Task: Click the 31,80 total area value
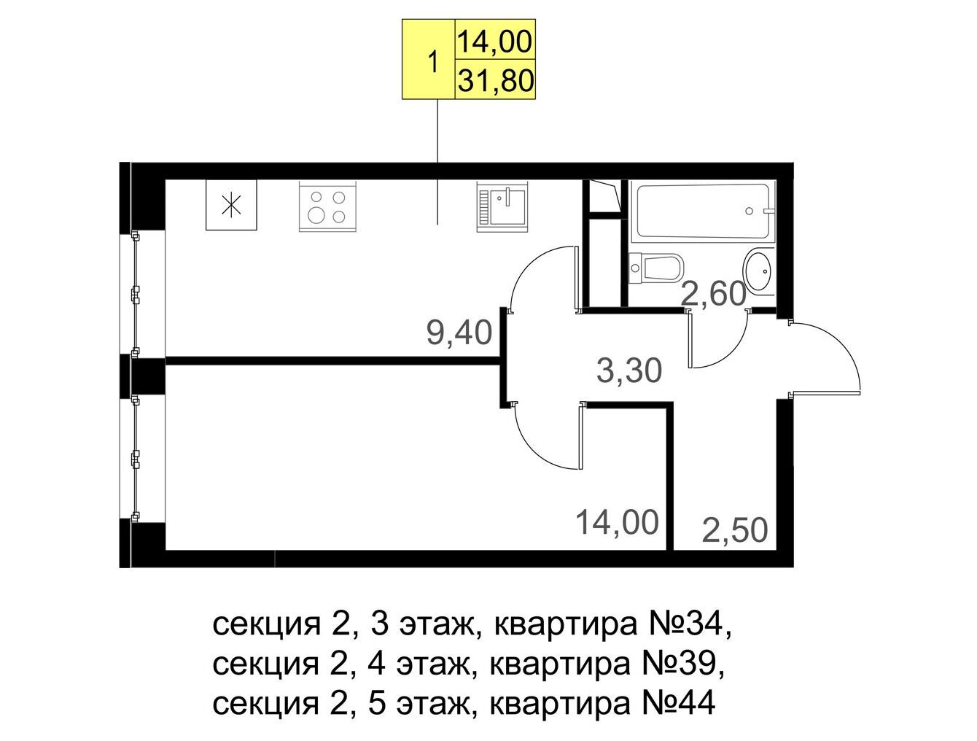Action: (495, 80)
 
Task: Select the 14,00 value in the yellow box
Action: (494, 42)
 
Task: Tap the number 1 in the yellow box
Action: (432, 62)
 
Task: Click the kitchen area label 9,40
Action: (459, 333)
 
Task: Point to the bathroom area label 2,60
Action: (714, 294)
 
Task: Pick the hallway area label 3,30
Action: (629, 371)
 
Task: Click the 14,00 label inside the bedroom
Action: (617, 522)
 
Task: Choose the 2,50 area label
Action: (735, 530)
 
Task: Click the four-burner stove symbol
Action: (327, 206)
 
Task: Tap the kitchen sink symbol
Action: (502, 206)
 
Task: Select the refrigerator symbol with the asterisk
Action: (231, 205)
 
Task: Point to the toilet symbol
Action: (656, 270)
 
